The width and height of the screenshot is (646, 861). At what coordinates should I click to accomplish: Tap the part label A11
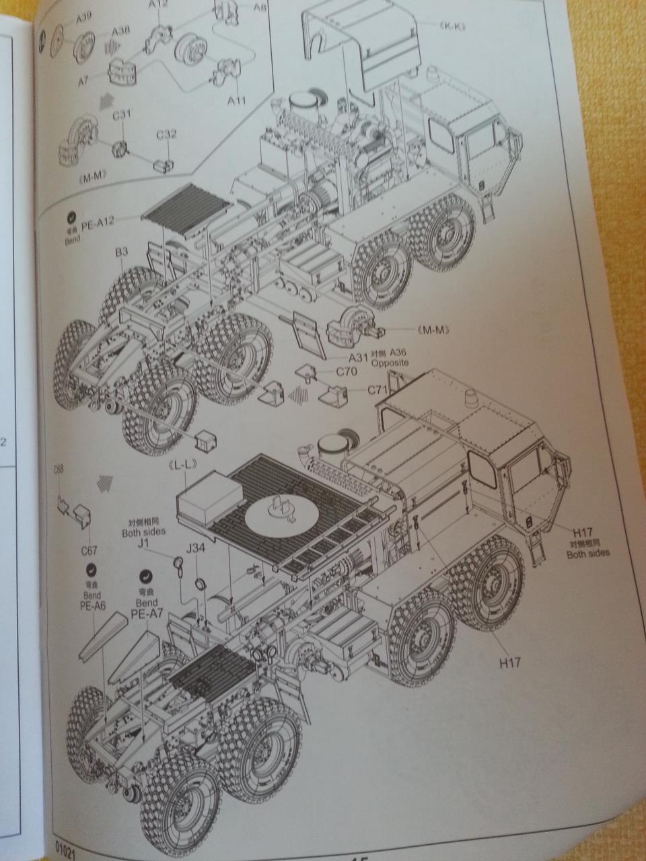[x=236, y=101]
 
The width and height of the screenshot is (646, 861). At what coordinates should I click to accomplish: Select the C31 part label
[x=121, y=116]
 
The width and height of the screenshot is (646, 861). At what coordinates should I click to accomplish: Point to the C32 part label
[x=166, y=135]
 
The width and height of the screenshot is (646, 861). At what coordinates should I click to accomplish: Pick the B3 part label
[x=121, y=252]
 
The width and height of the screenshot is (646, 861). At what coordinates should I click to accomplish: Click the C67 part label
[x=89, y=551]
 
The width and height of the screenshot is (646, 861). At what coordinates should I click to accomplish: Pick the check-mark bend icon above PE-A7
[x=146, y=576]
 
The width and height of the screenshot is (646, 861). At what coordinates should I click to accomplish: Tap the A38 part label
[x=121, y=32]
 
